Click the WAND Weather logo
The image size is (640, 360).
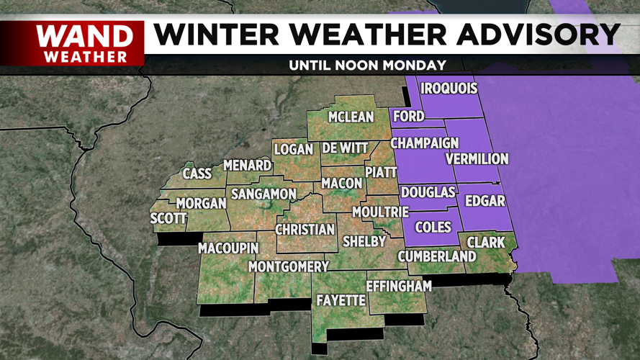(x=85, y=43)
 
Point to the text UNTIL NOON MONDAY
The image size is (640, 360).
(x=367, y=65)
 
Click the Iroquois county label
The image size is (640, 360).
(x=449, y=89)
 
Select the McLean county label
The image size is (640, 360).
(x=351, y=117)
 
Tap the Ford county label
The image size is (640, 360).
(x=408, y=116)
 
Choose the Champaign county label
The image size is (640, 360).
(x=425, y=143)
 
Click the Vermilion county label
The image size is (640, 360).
(x=477, y=158)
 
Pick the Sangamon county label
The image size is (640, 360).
(x=263, y=194)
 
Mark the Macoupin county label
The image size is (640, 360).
(x=228, y=248)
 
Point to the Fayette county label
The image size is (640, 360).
(x=341, y=300)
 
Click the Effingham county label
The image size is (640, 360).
(x=399, y=286)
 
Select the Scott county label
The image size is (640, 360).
(x=168, y=218)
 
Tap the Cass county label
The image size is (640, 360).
(x=197, y=174)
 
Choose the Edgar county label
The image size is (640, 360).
(x=485, y=201)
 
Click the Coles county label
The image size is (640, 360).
(x=433, y=227)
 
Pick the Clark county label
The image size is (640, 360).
(x=487, y=242)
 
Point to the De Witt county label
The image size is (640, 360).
(x=345, y=148)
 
